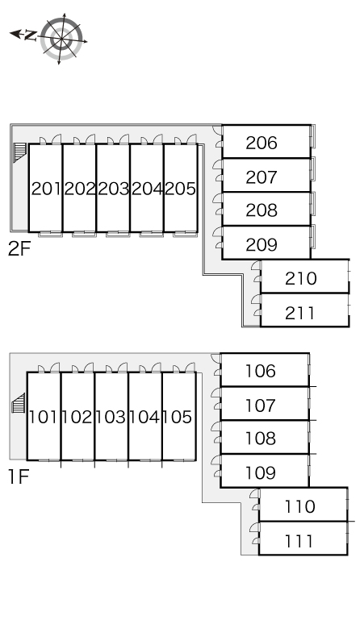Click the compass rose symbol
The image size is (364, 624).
click(61, 38)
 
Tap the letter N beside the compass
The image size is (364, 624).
click(30, 35)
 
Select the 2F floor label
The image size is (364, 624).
click(19, 249)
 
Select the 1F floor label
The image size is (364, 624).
click(19, 476)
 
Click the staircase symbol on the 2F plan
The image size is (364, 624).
click(19, 152)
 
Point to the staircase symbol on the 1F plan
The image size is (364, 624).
click(19, 403)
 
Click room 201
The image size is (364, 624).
click(45, 188)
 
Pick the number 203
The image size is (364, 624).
click(114, 189)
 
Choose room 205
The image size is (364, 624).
click(181, 188)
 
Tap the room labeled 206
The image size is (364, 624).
click(266, 142)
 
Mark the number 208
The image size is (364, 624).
click(261, 210)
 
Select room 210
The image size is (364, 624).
click(304, 277)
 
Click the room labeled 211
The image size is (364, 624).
click(304, 310)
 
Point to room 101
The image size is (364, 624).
click(44, 416)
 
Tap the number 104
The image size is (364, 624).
click(144, 417)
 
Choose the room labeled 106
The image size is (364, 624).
click(265, 370)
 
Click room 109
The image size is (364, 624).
click(265, 471)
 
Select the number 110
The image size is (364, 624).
click(300, 506)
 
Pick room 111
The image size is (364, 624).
click(303, 539)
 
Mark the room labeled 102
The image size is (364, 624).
click(77, 416)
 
